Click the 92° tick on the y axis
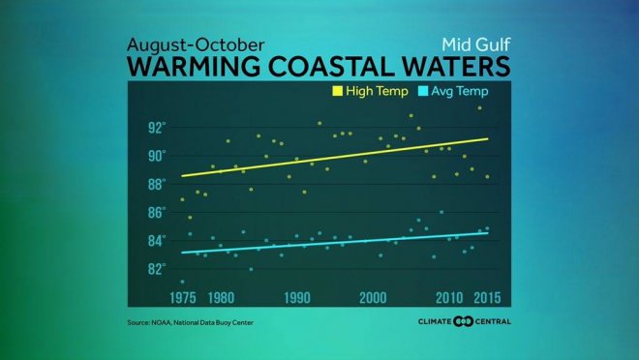coord(156,128)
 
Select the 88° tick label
coord(156,184)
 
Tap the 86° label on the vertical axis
coord(156,212)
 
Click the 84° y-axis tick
coord(156,240)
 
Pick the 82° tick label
coord(156,269)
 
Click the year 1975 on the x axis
coord(182,296)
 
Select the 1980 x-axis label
coord(220,296)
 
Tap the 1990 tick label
coord(296,296)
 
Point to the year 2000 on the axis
coord(373,296)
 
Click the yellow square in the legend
coord(339,92)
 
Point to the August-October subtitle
coord(185,45)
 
